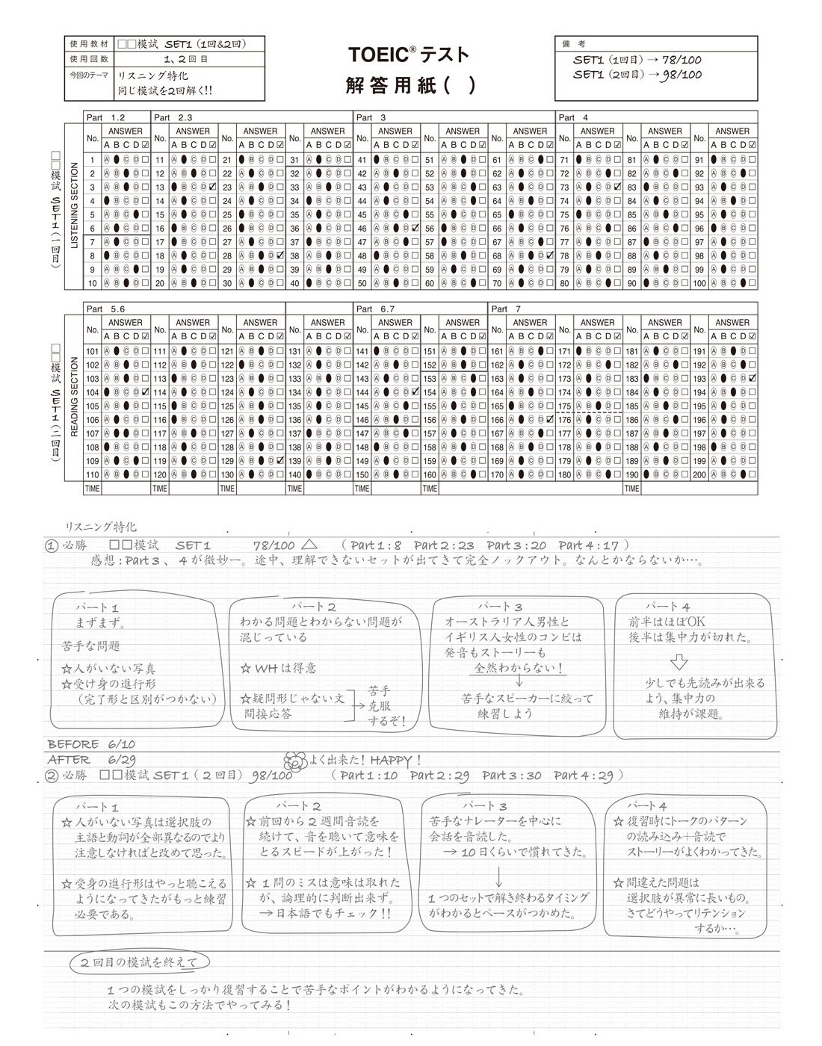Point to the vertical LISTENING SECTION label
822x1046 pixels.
(x=74, y=205)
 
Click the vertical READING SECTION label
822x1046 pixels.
(x=74, y=397)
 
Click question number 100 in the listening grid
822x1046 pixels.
(x=699, y=284)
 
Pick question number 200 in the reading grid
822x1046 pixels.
(x=699, y=475)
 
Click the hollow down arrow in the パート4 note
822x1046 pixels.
(x=678, y=662)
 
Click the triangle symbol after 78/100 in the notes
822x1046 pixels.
(x=311, y=545)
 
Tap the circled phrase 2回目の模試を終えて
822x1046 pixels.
(x=140, y=962)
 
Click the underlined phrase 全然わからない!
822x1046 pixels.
(x=519, y=669)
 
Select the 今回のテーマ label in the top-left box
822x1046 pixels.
(x=89, y=75)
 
